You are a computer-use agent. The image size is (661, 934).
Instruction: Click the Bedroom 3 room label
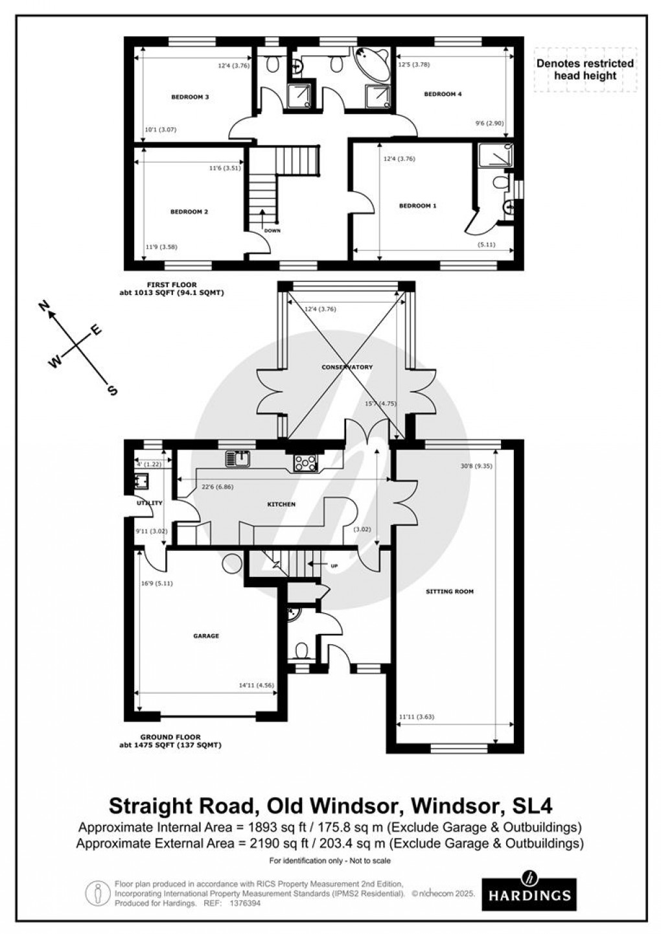(x=189, y=97)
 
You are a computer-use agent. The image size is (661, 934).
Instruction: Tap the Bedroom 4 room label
(x=443, y=94)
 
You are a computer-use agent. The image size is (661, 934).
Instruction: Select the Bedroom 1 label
(x=417, y=205)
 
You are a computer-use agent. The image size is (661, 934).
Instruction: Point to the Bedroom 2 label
(x=189, y=212)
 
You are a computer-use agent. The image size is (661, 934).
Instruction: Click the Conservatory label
(x=347, y=368)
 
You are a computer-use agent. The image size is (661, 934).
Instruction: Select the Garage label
(x=206, y=636)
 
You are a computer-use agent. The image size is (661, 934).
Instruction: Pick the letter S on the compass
(x=112, y=390)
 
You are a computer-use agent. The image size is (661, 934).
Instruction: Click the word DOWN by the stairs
(x=272, y=230)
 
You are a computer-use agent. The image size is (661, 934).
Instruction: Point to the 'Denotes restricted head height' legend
(x=585, y=69)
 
